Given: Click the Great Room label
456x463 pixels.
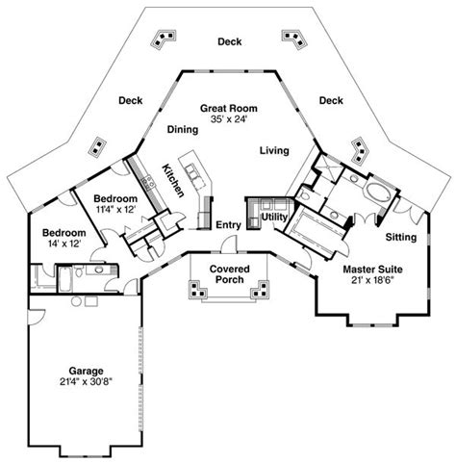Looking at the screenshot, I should click(x=228, y=110).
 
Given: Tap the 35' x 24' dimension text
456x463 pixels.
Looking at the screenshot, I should click(x=229, y=121).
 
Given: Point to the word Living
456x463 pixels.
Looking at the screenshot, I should click(x=276, y=149).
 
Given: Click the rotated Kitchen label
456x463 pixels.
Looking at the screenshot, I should click(x=173, y=180).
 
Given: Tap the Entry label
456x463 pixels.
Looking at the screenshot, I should click(x=228, y=224).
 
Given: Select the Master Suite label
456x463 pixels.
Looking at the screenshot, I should click(x=370, y=270).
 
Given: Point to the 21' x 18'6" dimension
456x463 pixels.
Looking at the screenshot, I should click(x=370, y=280).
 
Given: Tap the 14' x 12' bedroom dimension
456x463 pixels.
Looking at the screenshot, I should click(x=63, y=244).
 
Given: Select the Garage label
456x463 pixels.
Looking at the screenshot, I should click(x=86, y=369).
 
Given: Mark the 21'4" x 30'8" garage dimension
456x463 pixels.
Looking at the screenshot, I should click(x=86, y=380).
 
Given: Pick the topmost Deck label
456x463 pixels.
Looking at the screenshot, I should click(x=229, y=41).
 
